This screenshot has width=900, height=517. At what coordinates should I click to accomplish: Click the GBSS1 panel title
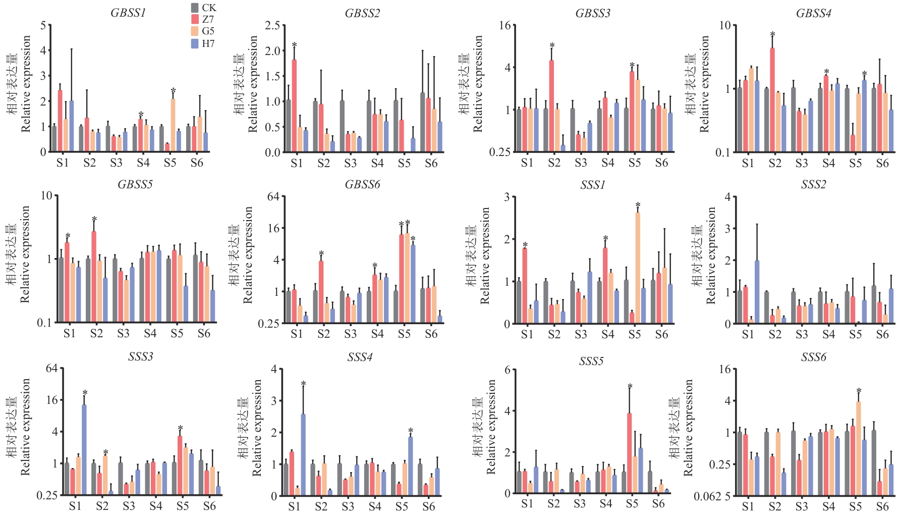(x=128, y=13)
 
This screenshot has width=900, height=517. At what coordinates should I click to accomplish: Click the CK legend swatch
(x=195, y=8)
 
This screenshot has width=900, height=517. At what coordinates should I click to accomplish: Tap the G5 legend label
(x=208, y=31)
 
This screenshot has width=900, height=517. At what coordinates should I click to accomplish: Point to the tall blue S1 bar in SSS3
(x=84, y=449)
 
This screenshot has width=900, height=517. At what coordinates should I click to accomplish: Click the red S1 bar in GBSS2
(x=294, y=106)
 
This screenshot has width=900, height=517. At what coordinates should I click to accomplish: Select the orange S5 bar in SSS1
(x=638, y=268)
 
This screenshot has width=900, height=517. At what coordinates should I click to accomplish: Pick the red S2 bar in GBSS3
(x=551, y=106)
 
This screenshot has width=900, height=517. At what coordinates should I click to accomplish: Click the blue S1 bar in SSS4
(x=303, y=454)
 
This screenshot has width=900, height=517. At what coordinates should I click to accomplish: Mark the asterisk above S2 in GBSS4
(x=772, y=35)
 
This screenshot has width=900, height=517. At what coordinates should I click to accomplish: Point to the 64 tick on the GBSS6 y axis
(x=273, y=196)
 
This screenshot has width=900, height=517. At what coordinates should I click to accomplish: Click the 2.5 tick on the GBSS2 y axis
(x=272, y=26)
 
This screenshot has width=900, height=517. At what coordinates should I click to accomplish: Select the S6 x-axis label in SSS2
(x=882, y=334)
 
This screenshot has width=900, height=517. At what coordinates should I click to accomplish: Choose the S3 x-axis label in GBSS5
(x=123, y=334)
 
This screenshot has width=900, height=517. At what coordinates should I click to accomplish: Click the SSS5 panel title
(x=591, y=361)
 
